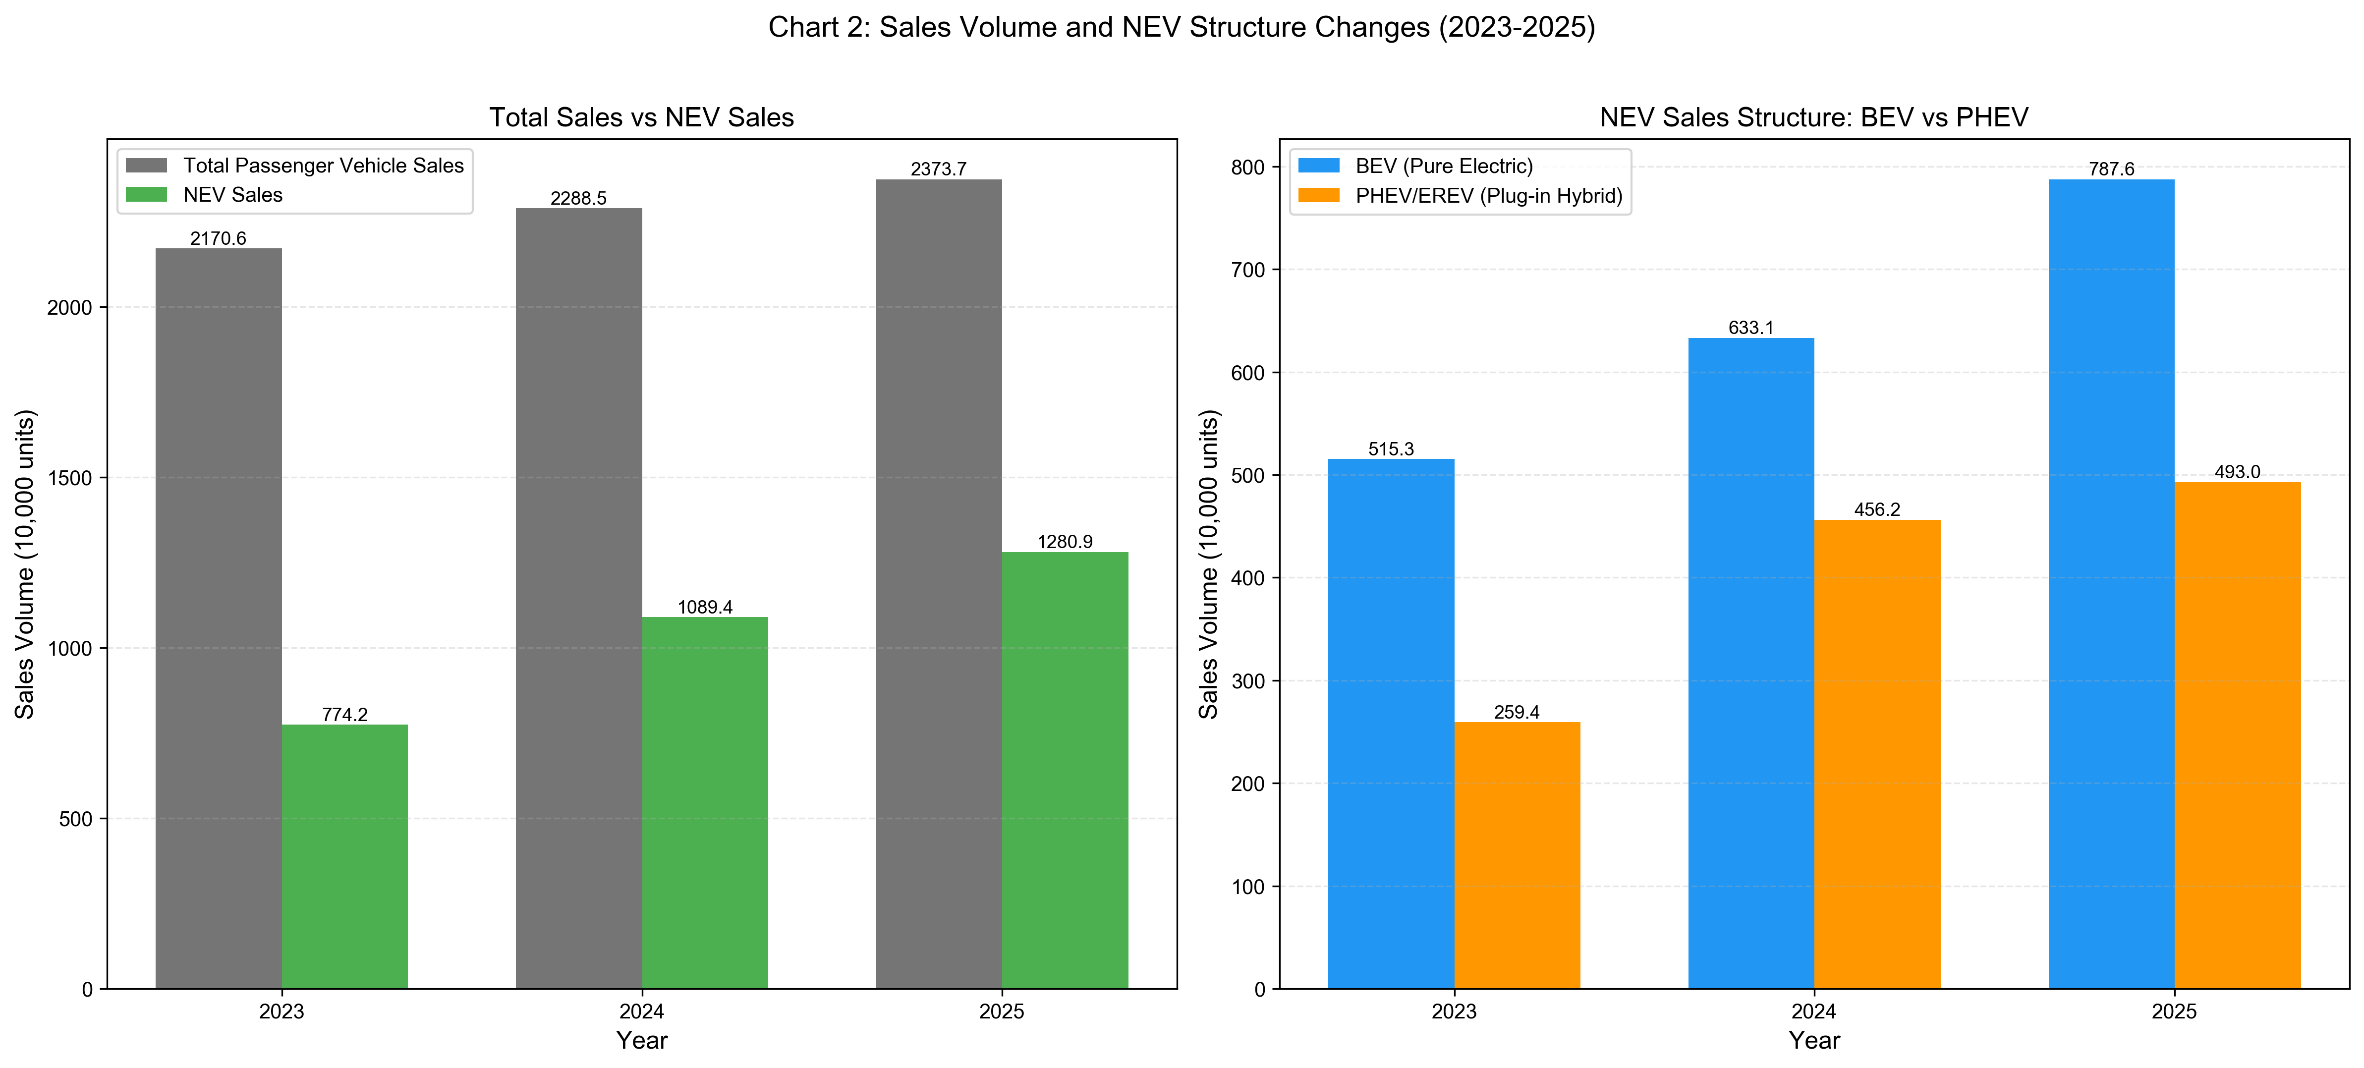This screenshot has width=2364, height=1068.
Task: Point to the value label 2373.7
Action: click(x=938, y=169)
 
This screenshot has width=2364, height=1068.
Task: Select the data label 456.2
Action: click(x=1877, y=509)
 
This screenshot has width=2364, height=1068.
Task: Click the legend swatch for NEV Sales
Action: click(x=146, y=194)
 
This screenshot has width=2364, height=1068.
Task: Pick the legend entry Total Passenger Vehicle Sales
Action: click(x=323, y=165)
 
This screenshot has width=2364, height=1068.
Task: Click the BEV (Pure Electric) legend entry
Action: click(x=1444, y=166)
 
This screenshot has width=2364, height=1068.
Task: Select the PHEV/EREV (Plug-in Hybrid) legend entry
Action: click(x=1488, y=195)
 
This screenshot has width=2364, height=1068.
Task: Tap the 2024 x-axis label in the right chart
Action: click(x=1813, y=1011)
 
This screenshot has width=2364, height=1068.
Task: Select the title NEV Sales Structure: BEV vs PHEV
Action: click(x=1813, y=117)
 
